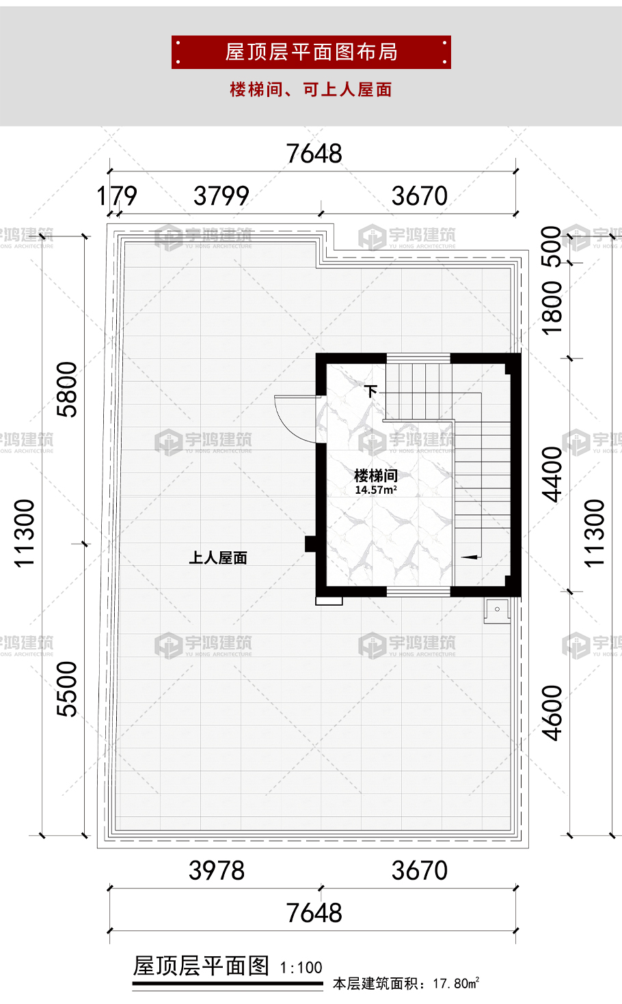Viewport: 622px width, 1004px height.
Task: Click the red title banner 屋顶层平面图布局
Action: point(311,52)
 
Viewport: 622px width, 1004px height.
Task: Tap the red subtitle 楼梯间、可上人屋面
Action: point(311,89)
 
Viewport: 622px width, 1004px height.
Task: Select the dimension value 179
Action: point(117,196)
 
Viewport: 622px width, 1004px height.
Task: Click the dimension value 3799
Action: point(221,196)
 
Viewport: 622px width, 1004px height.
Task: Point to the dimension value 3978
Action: point(217,871)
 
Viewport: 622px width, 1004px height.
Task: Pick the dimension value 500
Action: point(551,246)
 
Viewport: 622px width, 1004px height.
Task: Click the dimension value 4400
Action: point(551,473)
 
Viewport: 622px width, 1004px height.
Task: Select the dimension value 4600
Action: point(551,712)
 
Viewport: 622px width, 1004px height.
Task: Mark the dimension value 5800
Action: point(67,389)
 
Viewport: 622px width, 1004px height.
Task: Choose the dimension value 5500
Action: point(67,688)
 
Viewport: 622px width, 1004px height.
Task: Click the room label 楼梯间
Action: point(375,475)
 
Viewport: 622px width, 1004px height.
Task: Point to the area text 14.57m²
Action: point(375,490)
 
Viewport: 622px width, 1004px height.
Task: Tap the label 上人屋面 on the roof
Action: point(218,558)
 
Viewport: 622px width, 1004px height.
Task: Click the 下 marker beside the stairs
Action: point(371,391)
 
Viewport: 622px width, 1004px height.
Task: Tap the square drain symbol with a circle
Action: point(497,609)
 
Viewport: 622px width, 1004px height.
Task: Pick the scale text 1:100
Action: point(301,967)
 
